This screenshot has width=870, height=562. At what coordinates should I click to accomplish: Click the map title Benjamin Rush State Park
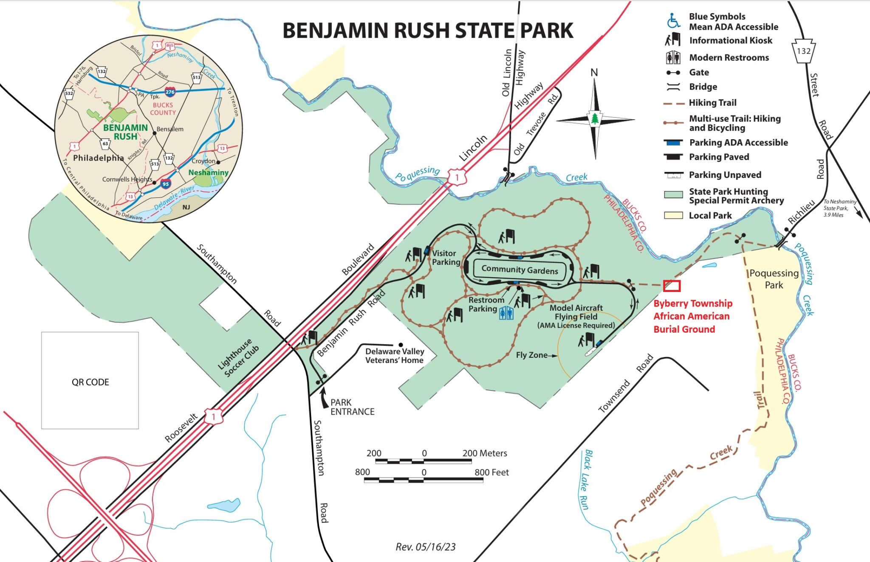pos(428,31)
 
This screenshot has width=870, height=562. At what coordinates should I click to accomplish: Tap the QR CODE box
pos(90,381)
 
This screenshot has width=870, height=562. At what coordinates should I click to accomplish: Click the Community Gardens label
pos(520,270)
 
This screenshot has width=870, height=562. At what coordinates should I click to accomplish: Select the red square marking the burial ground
pos(671,286)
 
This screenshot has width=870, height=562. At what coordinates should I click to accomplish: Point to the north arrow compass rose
pos(595,118)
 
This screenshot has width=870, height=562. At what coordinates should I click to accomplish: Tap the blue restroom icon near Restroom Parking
pos(506,313)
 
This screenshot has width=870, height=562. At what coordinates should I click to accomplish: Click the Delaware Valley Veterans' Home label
pos(394,356)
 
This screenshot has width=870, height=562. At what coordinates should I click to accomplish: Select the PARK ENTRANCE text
pos(352,407)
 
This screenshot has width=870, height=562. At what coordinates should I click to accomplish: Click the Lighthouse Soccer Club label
pos(238,357)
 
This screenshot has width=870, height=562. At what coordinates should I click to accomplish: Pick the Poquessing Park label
pos(774,279)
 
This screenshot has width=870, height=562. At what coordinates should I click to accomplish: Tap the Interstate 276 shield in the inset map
pos(170,92)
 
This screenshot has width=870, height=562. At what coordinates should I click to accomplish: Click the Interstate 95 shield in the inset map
pos(166,184)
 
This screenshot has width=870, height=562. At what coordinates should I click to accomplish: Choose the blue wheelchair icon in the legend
pos(673,20)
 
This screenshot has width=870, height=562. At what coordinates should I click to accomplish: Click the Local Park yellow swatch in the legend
pos(673,215)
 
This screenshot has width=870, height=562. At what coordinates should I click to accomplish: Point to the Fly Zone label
pos(531,355)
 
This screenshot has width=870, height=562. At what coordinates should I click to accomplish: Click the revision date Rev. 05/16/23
pos(425,547)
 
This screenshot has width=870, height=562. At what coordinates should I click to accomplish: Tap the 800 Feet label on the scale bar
pos(491,472)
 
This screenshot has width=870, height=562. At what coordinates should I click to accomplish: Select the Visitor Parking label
pos(446,257)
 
